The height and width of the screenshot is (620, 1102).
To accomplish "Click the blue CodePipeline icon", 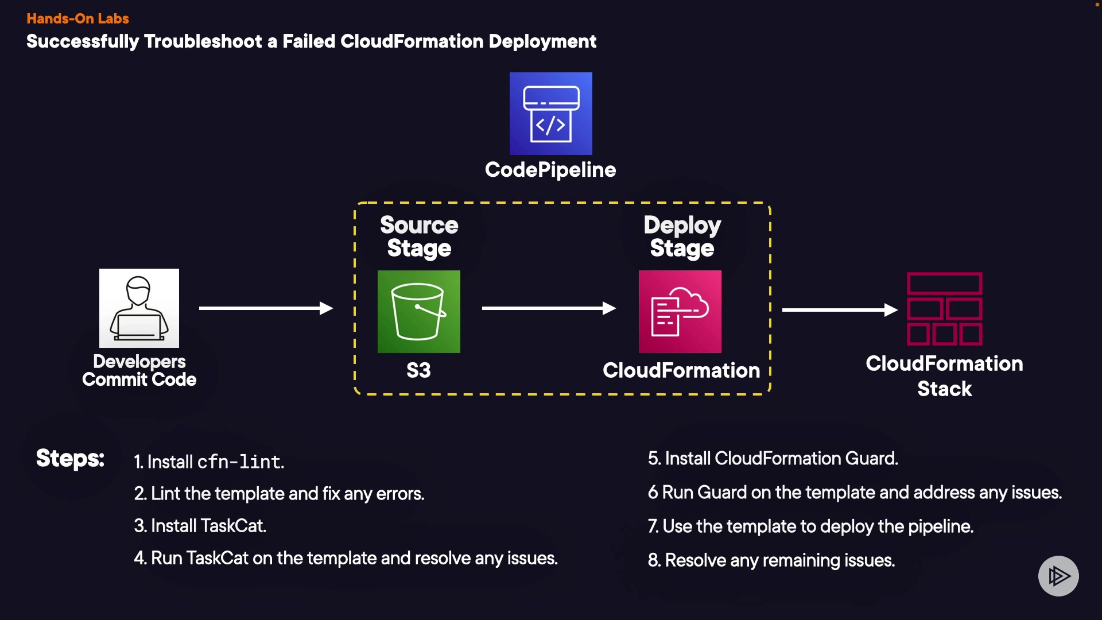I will click(550, 113).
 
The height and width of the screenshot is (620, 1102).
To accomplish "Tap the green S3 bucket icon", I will click(418, 311).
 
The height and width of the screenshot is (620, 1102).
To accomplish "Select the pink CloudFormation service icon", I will click(680, 311).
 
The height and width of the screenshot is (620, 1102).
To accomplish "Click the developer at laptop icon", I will click(139, 308).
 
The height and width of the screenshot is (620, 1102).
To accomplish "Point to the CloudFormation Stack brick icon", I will click(944, 309).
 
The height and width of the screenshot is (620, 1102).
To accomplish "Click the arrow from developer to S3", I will click(266, 308).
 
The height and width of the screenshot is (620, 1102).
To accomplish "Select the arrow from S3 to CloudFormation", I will click(549, 308).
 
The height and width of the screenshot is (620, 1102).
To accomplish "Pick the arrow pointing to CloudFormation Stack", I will click(839, 310).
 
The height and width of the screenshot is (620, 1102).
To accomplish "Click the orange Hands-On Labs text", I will click(77, 18).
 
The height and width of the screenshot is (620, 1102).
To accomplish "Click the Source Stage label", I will click(419, 237).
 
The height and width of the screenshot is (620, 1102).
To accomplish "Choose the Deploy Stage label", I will click(682, 237).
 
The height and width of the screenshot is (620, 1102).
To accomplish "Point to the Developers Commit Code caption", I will click(139, 370).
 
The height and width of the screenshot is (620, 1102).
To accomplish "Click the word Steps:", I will click(70, 458).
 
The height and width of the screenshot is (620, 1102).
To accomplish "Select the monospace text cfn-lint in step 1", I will click(240, 462).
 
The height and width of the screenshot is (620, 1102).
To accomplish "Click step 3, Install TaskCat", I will click(200, 526).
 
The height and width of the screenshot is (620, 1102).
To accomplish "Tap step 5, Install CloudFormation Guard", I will click(773, 458).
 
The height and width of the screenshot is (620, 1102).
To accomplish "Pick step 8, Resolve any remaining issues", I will click(771, 560).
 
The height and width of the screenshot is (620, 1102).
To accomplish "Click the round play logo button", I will click(1058, 575).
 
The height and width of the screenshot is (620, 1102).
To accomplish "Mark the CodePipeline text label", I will click(550, 170).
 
